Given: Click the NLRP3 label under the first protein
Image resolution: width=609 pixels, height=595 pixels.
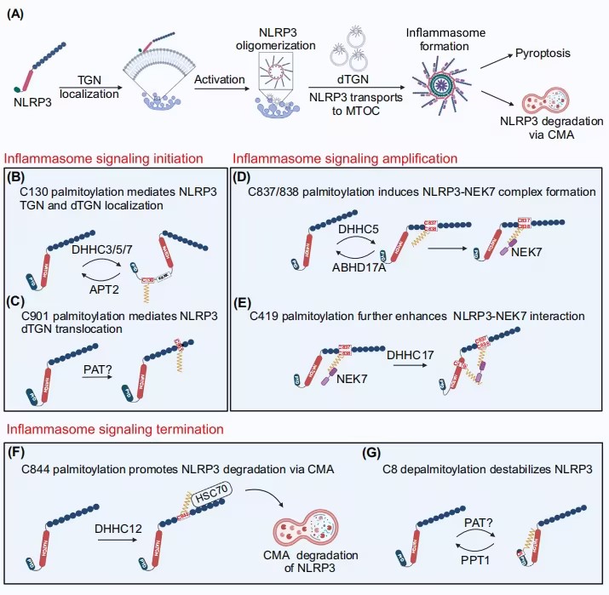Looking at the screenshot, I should (30, 106).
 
